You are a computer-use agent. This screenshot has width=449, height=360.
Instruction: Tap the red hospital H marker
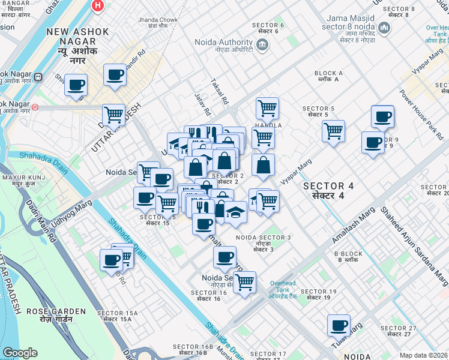(x=97, y=5)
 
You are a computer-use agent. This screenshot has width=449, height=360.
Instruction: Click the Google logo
(x=20, y=353)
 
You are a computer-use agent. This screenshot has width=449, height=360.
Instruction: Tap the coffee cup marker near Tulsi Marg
(x=339, y=325)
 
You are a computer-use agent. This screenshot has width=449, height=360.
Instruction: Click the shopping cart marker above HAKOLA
(x=267, y=108)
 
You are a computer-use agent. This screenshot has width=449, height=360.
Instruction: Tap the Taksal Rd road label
(x=220, y=92)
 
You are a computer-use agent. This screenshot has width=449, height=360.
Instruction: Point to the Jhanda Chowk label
(x=158, y=23)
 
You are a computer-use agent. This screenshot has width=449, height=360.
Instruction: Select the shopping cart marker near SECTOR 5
(x=333, y=130)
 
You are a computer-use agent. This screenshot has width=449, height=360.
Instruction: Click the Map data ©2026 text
(x=423, y=355)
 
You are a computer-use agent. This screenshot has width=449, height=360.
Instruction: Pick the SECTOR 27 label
(x=399, y=331)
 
